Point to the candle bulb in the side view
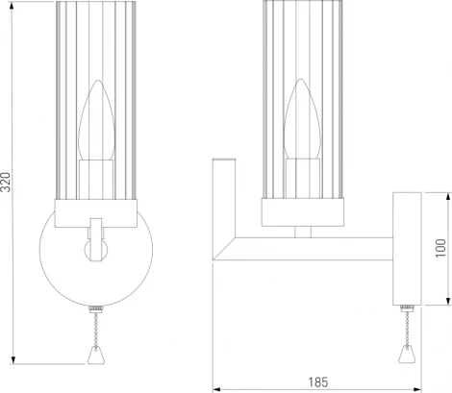pos(303,126)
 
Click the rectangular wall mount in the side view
pos(403,249)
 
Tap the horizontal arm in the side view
pos(308,249)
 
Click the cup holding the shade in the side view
pos(302,212)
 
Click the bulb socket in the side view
pos(303,177)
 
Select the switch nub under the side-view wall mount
pos(403,309)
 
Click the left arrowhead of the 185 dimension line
pos(215,389)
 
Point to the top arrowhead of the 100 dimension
pos(445,193)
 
